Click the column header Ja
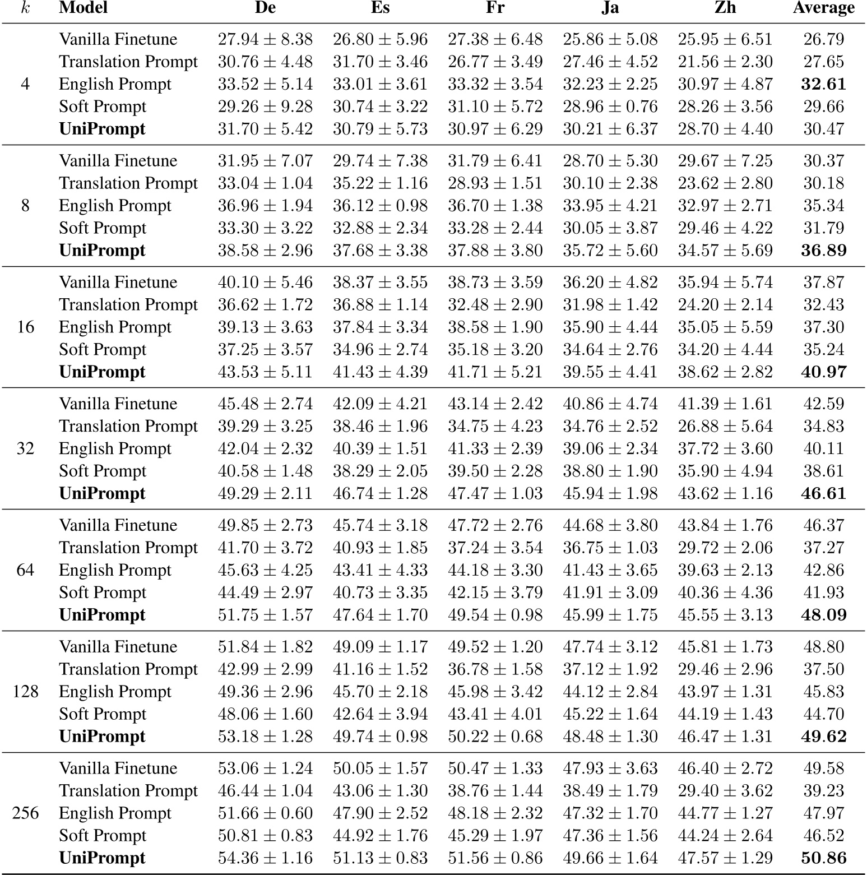(610, 8)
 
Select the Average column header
(823, 8)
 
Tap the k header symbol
(25, 8)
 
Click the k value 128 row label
(25, 691)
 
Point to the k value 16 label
(25, 327)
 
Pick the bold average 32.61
(823, 84)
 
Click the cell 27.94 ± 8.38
(265, 39)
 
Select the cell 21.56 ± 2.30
(725, 62)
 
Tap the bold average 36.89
(823, 251)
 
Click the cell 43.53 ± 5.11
(265, 372)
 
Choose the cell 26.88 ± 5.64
(725, 426)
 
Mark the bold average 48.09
(823, 615)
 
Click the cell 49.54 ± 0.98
(495, 615)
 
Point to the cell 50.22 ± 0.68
(495, 737)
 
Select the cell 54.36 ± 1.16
(265, 858)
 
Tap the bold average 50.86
(823, 858)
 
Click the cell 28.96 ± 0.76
(610, 107)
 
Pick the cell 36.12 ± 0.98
(380, 206)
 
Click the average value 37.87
(823, 283)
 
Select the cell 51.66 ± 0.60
(265, 813)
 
